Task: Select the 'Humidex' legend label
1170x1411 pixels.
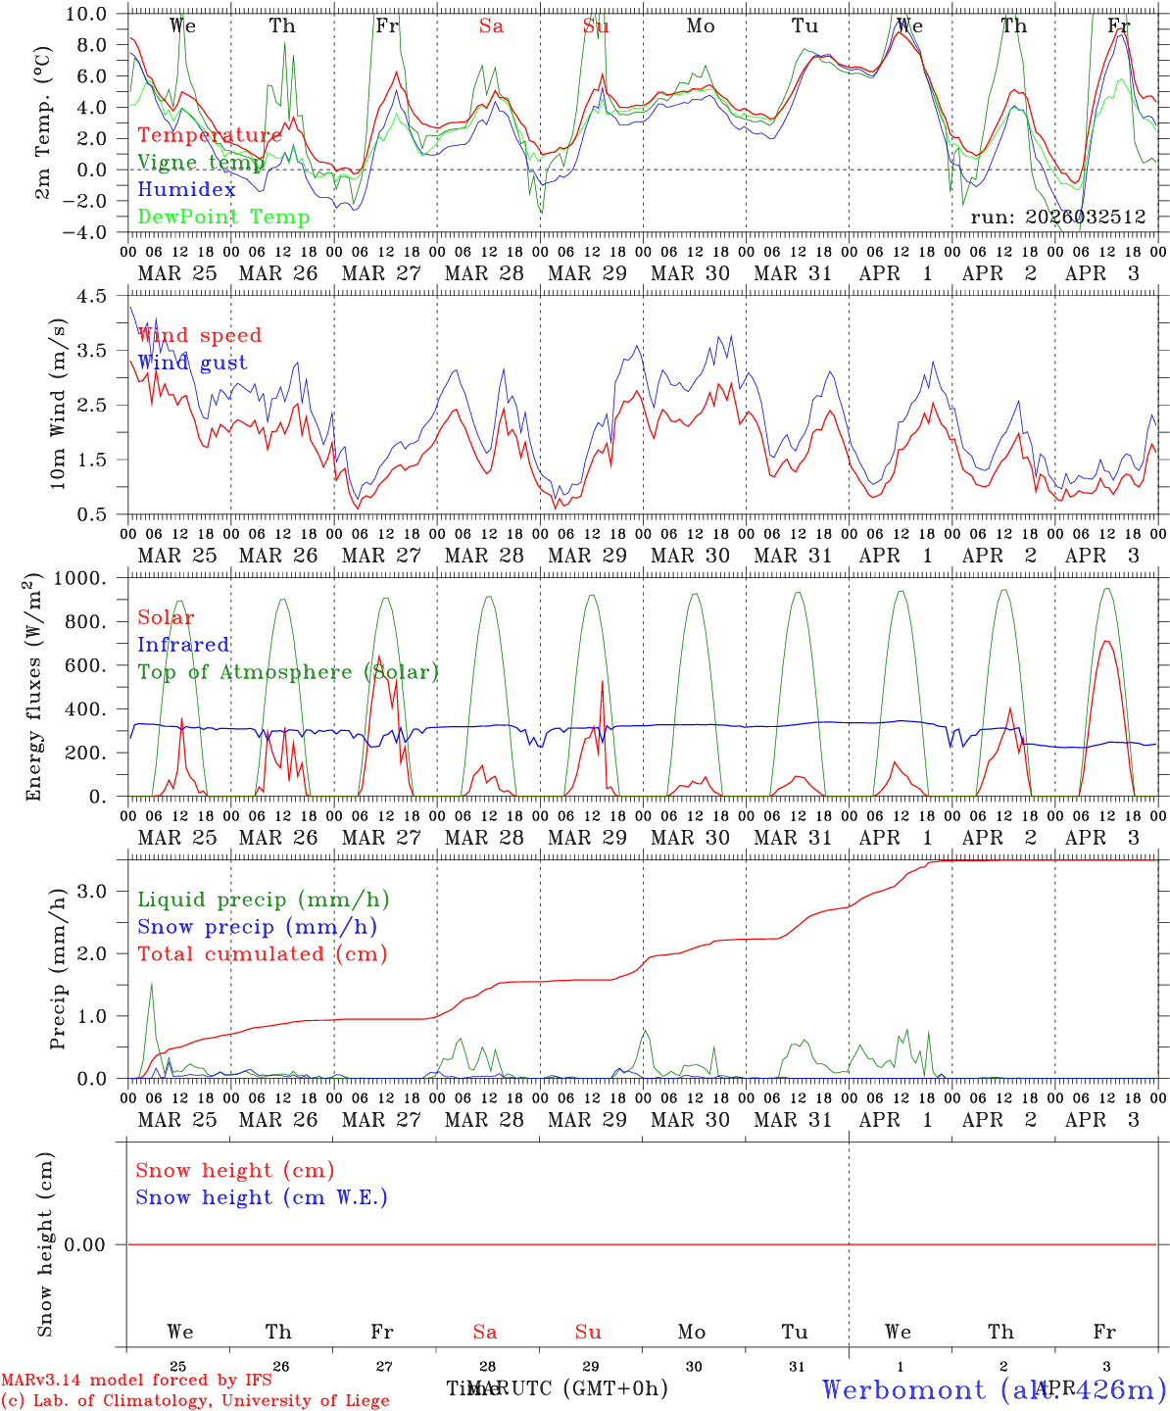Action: tap(186, 190)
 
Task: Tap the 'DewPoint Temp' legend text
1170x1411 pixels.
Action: tap(223, 218)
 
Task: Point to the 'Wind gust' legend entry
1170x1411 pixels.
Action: tap(192, 363)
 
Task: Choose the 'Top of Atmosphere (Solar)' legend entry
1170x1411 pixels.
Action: tap(288, 672)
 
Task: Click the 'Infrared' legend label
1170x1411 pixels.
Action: tap(183, 645)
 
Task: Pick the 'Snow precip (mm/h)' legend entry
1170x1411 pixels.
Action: tap(257, 927)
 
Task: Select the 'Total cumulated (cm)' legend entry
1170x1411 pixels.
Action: tap(262, 954)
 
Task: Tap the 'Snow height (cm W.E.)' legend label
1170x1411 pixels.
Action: tap(262, 1197)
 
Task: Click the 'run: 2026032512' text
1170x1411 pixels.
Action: tap(1057, 218)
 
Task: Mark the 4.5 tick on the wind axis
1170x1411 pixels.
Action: tap(103, 296)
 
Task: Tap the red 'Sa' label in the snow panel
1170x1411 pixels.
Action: tap(485, 1332)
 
